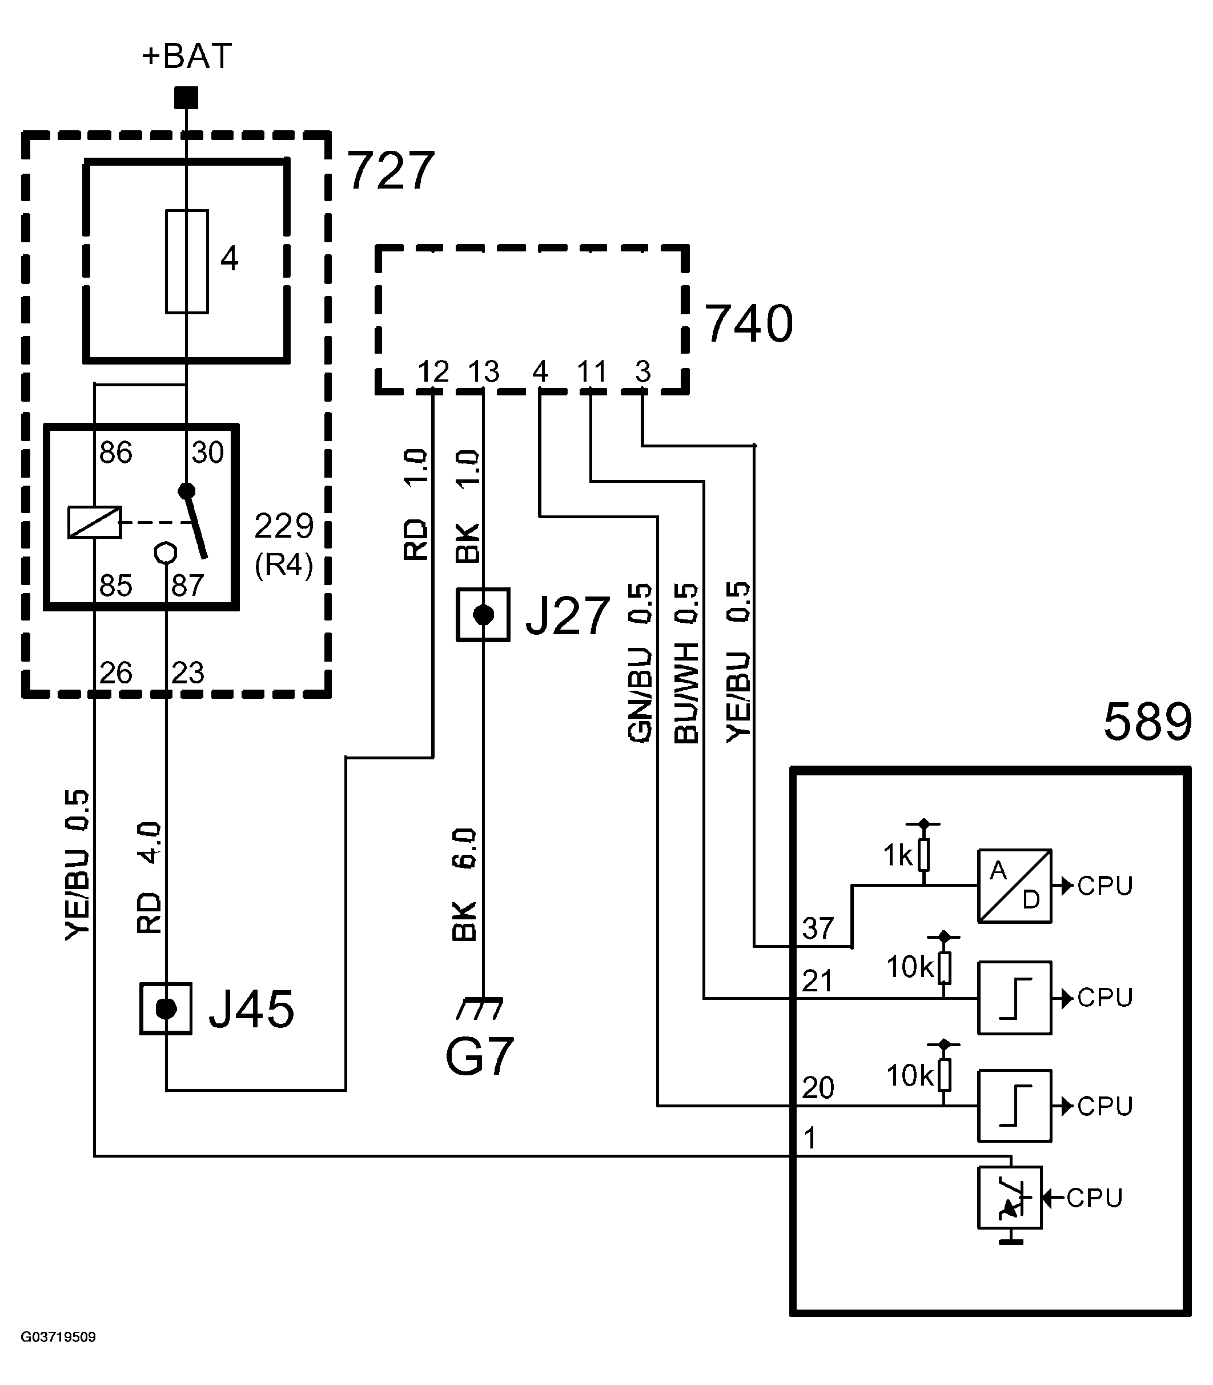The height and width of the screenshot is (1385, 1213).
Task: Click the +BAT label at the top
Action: (187, 55)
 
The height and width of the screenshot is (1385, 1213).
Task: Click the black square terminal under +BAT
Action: (186, 98)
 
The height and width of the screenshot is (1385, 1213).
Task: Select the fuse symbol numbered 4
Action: (187, 262)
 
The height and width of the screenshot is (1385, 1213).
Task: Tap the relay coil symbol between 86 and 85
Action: (95, 522)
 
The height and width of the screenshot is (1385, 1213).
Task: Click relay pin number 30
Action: (207, 453)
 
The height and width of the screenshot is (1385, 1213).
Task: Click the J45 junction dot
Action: (166, 1009)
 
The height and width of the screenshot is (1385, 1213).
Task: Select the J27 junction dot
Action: (483, 615)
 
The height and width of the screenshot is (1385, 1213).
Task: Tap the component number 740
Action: (749, 325)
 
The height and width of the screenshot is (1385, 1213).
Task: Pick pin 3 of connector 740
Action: (643, 371)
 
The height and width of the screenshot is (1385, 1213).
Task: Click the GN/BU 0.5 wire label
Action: (640, 663)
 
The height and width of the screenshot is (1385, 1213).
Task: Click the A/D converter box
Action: (1014, 886)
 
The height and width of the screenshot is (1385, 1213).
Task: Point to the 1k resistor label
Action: (898, 856)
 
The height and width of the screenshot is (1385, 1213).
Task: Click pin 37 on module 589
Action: (818, 928)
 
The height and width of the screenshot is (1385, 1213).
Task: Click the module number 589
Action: (1147, 722)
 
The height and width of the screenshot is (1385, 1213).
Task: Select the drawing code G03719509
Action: (58, 1337)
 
